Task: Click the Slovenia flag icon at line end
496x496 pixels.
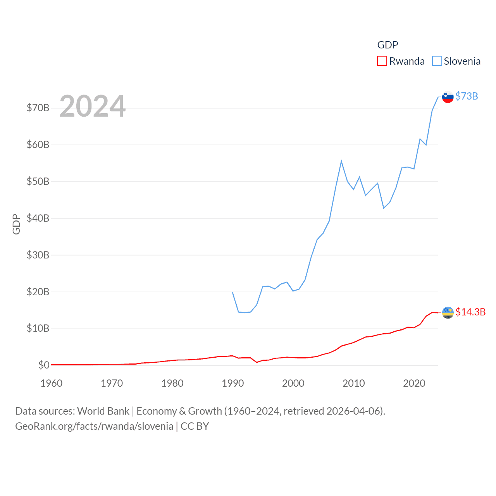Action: (x=448, y=97)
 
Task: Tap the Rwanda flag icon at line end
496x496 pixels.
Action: (x=448, y=312)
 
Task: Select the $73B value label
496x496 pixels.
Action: (x=467, y=96)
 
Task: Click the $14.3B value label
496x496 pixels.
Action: (x=470, y=312)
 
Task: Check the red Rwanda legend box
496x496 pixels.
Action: (x=382, y=61)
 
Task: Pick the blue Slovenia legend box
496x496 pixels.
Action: (x=437, y=61)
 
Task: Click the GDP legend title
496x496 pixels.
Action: (x=387, y=45)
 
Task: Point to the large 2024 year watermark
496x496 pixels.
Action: (x=93, y=106)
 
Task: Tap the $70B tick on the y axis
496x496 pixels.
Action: (x=38, y=108)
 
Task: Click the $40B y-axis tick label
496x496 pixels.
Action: (x=38, y=218)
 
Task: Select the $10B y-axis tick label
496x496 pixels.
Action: (x=38, y=329)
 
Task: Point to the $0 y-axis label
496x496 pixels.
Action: (x=44, y=365)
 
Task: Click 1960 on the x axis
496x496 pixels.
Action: (x=52, y=383)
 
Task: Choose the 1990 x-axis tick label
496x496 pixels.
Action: (x=233, y=383)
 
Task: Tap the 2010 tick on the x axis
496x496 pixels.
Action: (x=354, y=383)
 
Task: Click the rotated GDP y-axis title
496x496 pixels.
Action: (x=16, y=224)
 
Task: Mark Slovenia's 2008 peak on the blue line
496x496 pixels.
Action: (x=341, y=161)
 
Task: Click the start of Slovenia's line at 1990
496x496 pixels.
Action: (x=232, y=293)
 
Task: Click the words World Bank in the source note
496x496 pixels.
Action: (x=103, y=411)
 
